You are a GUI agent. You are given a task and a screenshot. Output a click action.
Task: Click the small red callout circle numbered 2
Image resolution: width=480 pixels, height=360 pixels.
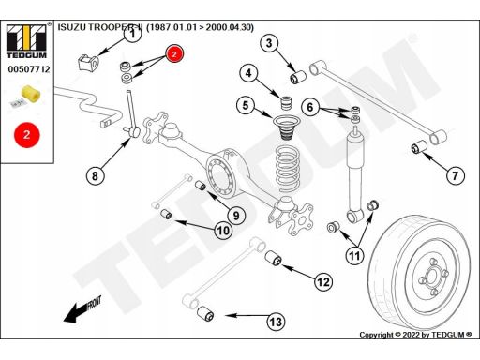pyautogui.click(x=174, y=53)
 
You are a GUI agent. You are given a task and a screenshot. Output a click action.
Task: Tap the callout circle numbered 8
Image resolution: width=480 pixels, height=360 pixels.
pyautogui.click(x=95, y=175)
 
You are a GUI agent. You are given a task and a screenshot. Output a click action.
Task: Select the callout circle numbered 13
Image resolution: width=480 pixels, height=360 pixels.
pyautogui.click(x=276, y=322)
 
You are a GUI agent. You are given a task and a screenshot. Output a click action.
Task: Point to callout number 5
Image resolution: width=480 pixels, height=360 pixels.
pyautogui.click(x=246, y=105)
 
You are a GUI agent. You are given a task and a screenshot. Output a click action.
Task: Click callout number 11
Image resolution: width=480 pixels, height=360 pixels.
pyautogui.click(x=354, y=256)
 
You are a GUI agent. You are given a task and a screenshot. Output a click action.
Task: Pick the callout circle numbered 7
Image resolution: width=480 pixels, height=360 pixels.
pyautogui.click(x=455, y=175)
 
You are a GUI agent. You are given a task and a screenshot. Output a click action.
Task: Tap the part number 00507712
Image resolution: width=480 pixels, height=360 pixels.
pyautogui.click(x=29, y=69)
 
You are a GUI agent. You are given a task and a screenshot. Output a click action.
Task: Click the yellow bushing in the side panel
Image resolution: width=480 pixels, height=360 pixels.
pyautogui.click(x=31, y=93)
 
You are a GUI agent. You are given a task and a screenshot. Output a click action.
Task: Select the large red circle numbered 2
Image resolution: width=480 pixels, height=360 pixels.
pyautogui.click(x=27, y=135)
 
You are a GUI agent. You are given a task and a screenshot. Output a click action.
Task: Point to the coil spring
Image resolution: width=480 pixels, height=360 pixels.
pyautogui.click(x=288, y=168)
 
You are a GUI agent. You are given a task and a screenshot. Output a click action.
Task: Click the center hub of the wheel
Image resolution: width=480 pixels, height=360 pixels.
pyautogui.click(x=432, y=276)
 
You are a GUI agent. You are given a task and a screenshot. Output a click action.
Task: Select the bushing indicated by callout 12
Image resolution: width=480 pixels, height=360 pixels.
pyautogui.click(x=274, y=258)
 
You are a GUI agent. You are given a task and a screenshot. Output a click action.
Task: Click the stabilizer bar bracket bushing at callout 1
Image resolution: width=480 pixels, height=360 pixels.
pyautogui.click(x=87, y=62)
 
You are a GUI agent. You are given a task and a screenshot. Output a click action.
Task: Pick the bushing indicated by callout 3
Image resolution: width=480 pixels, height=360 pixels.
pyautogui.click(x=298, y=78)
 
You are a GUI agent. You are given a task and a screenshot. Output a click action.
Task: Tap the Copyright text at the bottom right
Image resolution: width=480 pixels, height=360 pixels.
pyautogui.click(x=415, y=335)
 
